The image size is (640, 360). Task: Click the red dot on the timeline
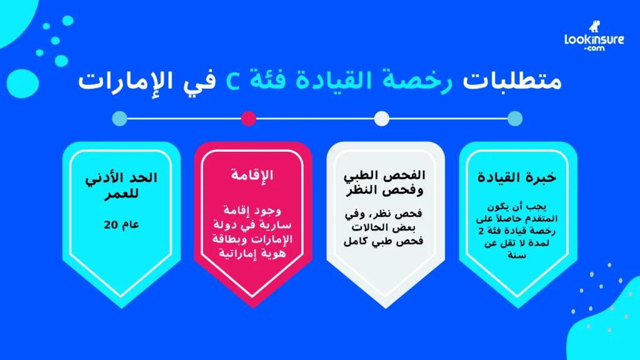point(249,118)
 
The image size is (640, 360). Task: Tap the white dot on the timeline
point(381,118)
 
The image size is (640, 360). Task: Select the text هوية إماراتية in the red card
point(252,254)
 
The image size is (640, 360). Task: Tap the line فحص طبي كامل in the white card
point(386,241)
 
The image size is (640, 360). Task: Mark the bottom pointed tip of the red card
point(253,307)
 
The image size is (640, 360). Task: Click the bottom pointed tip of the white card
point(386,307)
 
